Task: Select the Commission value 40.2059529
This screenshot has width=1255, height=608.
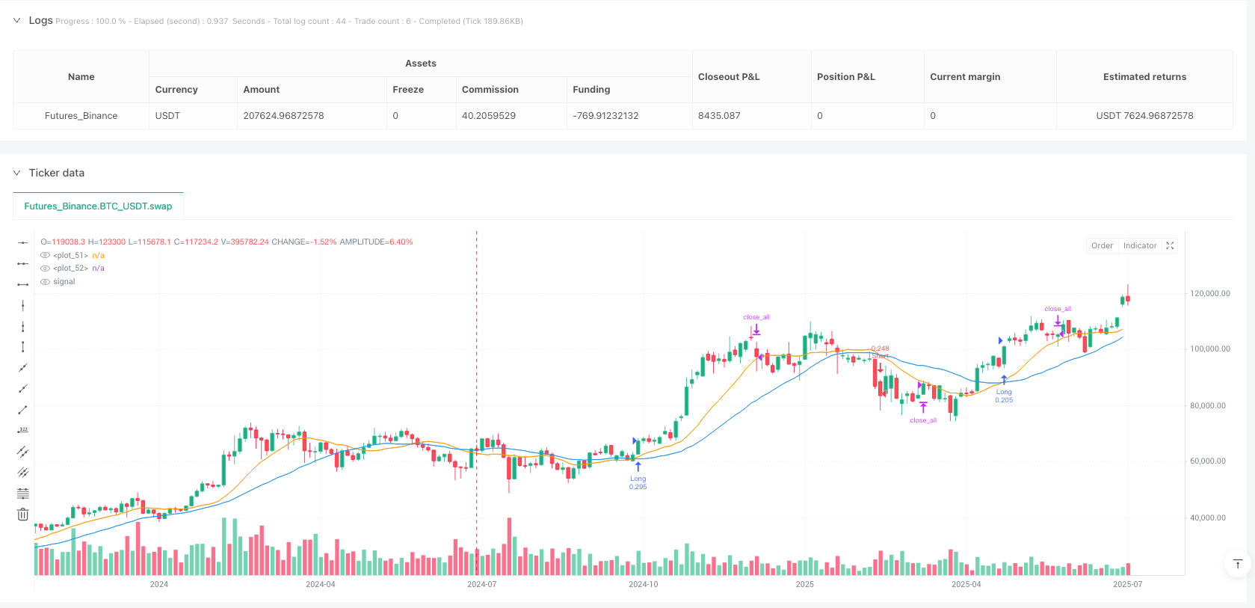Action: pyautogui.click(x=489, y=116)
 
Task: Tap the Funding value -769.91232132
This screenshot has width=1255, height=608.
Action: pyautogui.click(x=605, y=116)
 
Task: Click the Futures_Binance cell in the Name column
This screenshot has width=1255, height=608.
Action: pyautogui.click(x=81, y=116)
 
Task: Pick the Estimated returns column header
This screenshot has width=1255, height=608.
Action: pyautogui.click(x=1144, y=77)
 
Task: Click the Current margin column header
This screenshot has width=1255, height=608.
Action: pyautogui.click(x=965, y=77)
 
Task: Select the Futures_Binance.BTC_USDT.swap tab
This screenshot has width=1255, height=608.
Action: pyautogui.click(x=98, y=206)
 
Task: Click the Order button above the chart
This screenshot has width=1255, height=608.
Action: pyautogui.click(x=1102, y=246)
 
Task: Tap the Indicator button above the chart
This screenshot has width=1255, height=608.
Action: pyautogui.click(x=1140, y=246)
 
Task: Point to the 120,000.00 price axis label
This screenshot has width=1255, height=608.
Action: pyautogui.click(x=1209, y=294)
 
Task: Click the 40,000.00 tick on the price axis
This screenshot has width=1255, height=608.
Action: pyautogui.click(x=1207, y=518)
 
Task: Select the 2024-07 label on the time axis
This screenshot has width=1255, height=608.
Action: pyautogui.click(x=481, y=584)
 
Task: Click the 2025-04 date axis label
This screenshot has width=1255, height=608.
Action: pyautogui.click(x=966, y=584)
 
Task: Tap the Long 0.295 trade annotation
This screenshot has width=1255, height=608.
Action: pyautogui.click(x=638, y=482)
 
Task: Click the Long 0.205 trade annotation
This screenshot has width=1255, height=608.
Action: pyautogui.click(x=1004, y=396)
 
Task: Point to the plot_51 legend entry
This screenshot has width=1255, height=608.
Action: pyautogui.click(x=71, y=256)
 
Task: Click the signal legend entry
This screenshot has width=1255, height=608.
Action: pyautogui.click(x=64, y=282)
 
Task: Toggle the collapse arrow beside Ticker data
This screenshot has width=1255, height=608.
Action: pyautogui.click(x=16, y=173)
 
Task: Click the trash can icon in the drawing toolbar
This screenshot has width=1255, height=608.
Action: pyautogui.click(x=23, y=515)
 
